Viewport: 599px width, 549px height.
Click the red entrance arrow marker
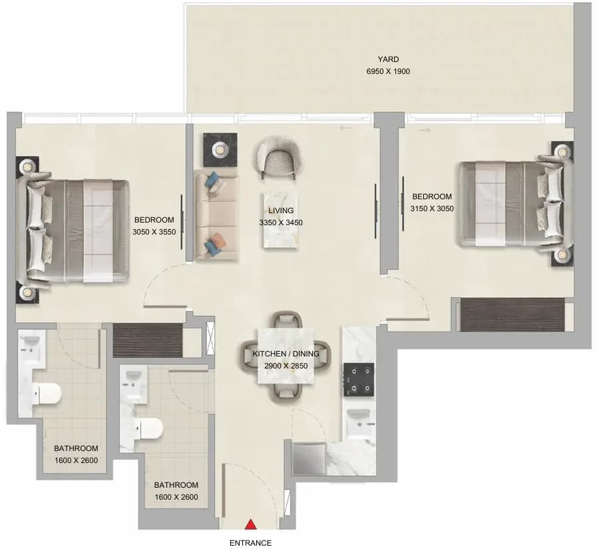(x=251, y=524)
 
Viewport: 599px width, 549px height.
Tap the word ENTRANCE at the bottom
(x=251, y=543)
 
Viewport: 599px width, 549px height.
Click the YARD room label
(x=388, y=59)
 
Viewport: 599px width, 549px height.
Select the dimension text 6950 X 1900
(x=388, y=71)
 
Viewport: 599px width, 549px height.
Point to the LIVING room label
(x=281, y=211)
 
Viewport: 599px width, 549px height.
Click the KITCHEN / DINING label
(x=286, y=354)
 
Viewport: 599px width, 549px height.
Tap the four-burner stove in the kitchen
(x=359, y=380)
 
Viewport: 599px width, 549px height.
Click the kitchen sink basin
(x=358, y=422)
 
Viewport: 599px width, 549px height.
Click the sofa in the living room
(x=216, y=216)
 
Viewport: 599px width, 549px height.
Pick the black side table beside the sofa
(x=220, y=150)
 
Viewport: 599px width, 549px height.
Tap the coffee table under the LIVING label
(x=280, y=221)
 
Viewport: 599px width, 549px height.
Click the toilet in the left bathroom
(x=47, y=393)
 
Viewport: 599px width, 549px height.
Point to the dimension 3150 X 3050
(x=432, y=209)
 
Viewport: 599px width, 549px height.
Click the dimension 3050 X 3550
(x=154, y=232)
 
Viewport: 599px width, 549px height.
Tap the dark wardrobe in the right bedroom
(x=512, y=314)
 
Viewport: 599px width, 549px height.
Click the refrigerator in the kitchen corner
(x=309, y=458)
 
